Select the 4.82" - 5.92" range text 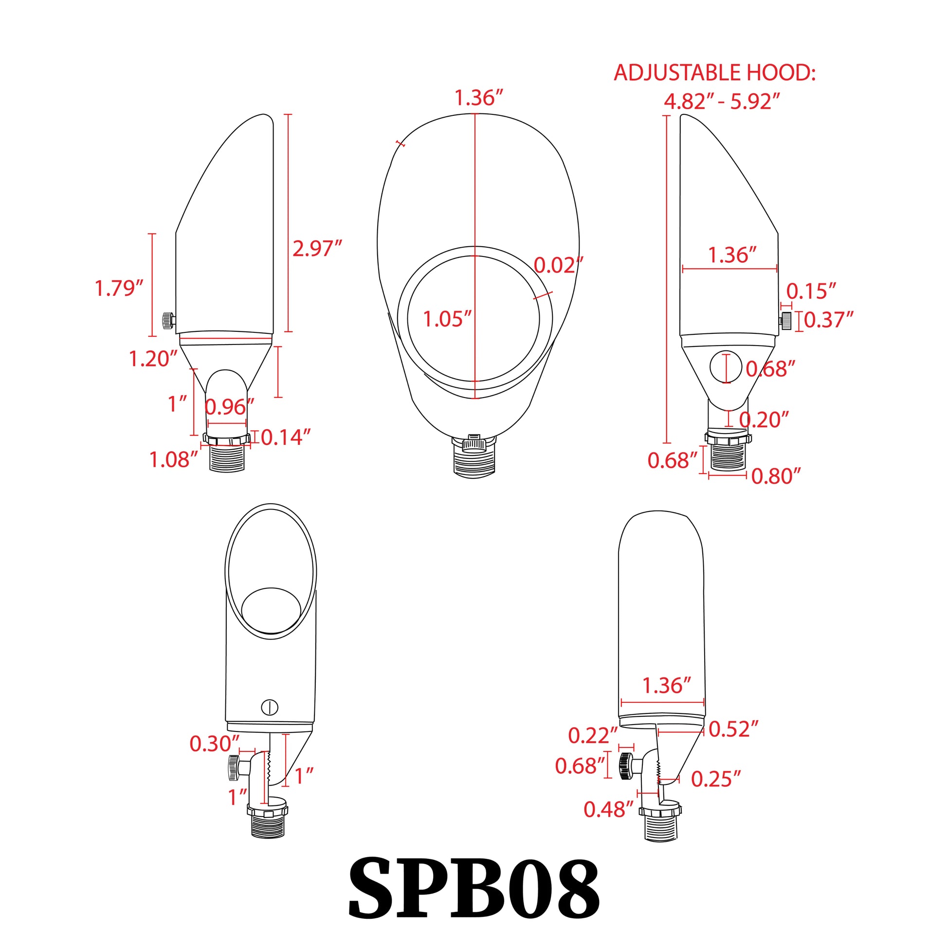point(722,101)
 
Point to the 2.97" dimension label point(317,248)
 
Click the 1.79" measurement point(119,288)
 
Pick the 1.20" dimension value point(153,359)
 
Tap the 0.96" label point(229,407)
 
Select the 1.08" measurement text point(174,459)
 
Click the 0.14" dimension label point(286,437)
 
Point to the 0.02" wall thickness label point(558,265)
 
